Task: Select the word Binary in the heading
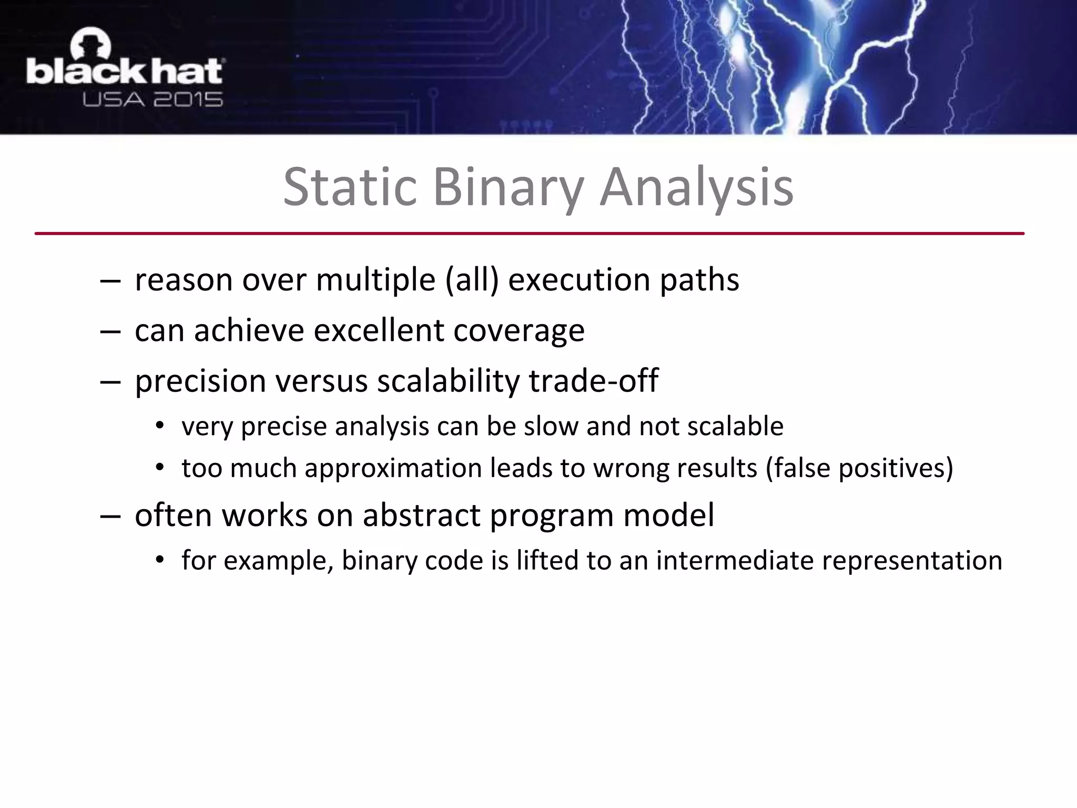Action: [508, 187]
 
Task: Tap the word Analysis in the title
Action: [696, 187]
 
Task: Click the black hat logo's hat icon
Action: [90, 45]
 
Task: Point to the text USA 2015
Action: [153, 99]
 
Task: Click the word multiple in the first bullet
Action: [375, 280]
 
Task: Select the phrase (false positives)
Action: [859, 468]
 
